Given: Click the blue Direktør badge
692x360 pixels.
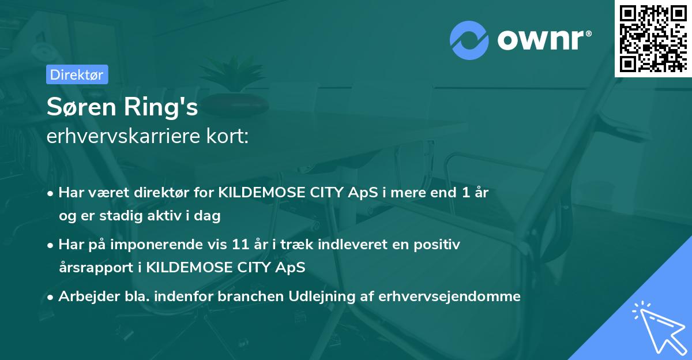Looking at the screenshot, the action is [77, 74].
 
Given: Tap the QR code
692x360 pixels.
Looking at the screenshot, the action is [653, 39].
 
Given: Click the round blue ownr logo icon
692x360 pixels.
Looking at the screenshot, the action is [469, 40].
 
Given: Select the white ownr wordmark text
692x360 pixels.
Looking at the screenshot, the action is [540, 40].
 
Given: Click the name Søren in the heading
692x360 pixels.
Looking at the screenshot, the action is [81, 107].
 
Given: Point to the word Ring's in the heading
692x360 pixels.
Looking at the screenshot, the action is [161, 107].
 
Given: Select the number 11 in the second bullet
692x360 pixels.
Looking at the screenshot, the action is [240, 245].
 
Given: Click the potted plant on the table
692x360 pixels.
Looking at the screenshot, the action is [234, 87].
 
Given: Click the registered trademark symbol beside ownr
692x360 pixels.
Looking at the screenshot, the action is [588, 33].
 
